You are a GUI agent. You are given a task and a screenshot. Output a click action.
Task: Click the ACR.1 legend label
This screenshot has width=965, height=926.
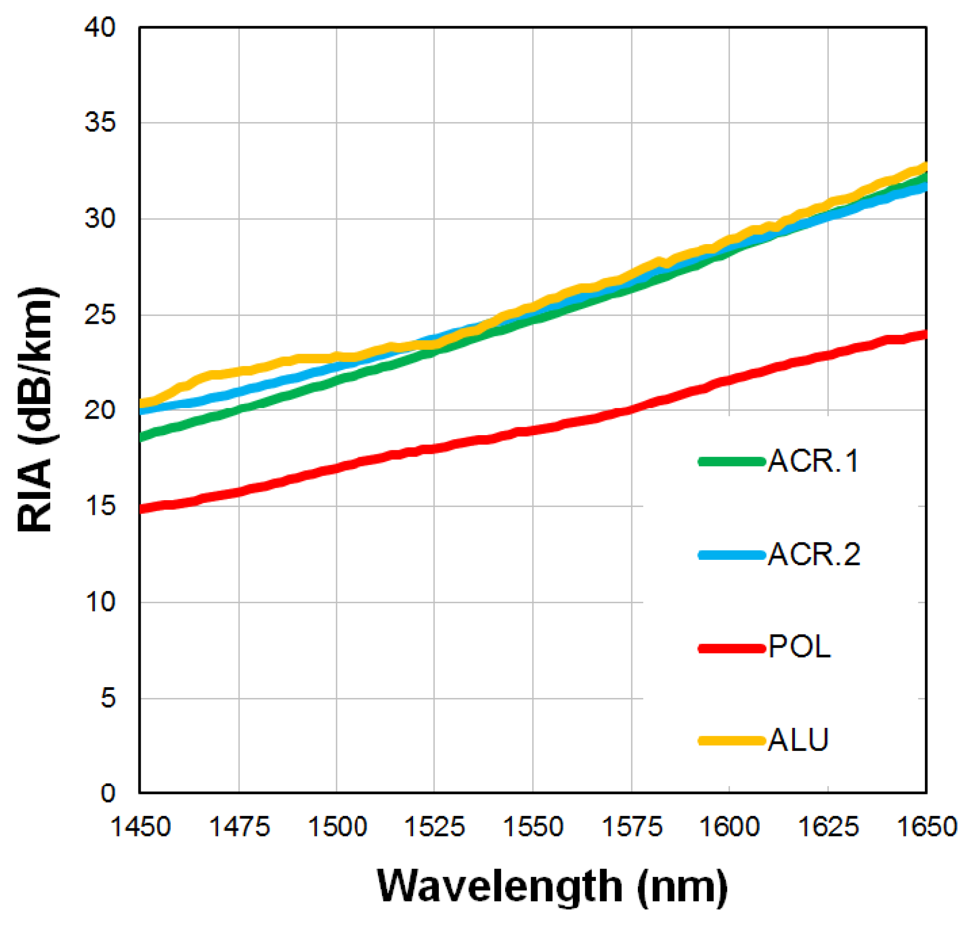[813, 461]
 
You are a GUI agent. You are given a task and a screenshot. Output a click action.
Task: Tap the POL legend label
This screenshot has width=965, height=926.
[799, 647]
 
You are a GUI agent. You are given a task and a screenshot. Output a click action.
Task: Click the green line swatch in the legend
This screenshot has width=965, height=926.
[732, 461]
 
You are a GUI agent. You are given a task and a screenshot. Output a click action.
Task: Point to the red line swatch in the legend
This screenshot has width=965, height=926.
[732, 648]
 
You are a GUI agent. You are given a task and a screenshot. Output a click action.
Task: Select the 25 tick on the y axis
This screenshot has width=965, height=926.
[100, 315]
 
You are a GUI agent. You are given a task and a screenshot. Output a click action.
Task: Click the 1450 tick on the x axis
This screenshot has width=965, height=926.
[140, 827]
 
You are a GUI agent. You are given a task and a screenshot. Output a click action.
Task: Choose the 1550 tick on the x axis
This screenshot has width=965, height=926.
[533, 827]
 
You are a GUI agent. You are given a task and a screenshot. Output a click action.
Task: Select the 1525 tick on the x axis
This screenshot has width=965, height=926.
[434, 827]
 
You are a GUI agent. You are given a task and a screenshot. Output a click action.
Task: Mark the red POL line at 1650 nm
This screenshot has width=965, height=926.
[924, 335]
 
